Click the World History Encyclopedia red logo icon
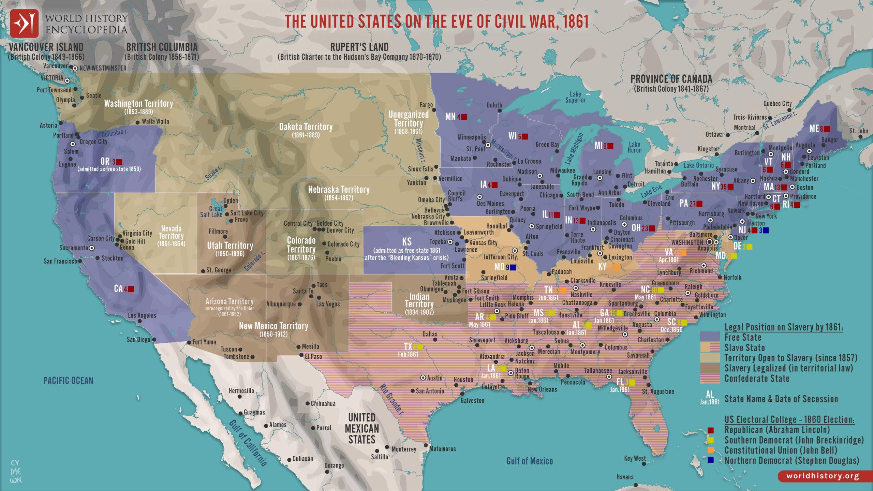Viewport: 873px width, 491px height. tap(24, 23)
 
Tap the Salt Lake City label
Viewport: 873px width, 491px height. tap(247, 213)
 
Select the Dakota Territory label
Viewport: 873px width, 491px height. tap(306, 127)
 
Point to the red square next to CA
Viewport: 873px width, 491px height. tap(131, 289)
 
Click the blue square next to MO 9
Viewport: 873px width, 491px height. tap(513, 267)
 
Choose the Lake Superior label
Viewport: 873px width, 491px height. tap(575, 97)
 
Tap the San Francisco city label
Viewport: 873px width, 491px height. tap(60, 262)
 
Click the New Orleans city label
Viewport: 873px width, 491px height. tap(542, 389)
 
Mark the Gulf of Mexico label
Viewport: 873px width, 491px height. tap(529, 461)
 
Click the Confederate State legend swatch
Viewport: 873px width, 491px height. tap(710, 378)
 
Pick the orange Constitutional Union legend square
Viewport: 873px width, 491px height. tap(711, 450)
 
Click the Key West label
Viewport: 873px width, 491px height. tap(635, 459)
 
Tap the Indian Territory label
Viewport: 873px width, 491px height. tap(419, 300)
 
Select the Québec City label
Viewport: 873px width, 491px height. tap(778, 104)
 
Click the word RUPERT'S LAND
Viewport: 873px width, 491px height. tap(359, 47)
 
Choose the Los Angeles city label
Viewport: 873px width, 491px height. tap(142, 316)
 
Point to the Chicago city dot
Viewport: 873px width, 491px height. tap(561, 196)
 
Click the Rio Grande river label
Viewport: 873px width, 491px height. tap(392, 400)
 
